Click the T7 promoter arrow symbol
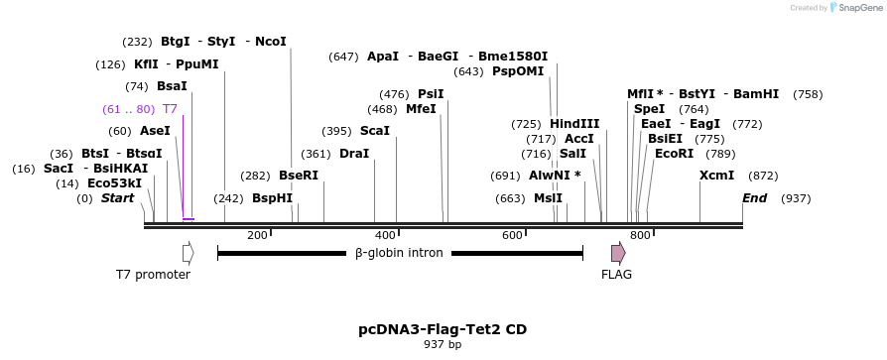pos(189,253)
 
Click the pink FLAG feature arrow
pos(618,253)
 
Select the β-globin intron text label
pos(399,254)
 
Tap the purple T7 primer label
pos(171,109)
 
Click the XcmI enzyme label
pos(716,176)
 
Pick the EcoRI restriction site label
pos(674,154)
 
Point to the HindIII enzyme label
pos(574,124)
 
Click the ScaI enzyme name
pos(375,131)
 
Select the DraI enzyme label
pos(354,154)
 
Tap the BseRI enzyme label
pos(299,176)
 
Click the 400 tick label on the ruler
pos(384,236)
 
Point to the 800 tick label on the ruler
pos(640,236)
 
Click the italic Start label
pos(117,198)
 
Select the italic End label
pos(755,198)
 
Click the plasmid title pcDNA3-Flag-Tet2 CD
pos(443,329)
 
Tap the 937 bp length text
pos(443,345)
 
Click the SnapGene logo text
pos(859,8)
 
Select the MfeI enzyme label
pos(422,109)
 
